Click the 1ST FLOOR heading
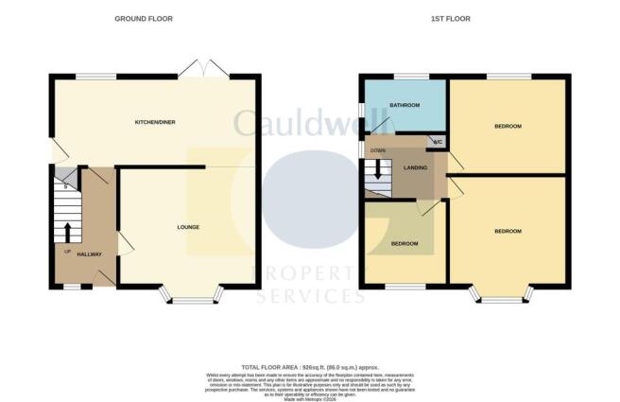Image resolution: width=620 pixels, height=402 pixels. pos(456,19)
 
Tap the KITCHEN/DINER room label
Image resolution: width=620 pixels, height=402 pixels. pos(154,123)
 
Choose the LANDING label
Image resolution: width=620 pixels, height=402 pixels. pos(414,167)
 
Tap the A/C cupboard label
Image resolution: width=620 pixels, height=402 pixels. pos(437,143)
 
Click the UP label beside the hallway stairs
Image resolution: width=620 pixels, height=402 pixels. pos(66,252)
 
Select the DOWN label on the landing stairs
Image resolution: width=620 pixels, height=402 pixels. pos(378,150)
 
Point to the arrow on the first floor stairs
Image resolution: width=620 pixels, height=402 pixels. pos(378,171)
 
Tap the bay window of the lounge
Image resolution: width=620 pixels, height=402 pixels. pos(192,301)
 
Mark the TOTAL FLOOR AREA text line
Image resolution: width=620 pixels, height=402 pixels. pos(309,367)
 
